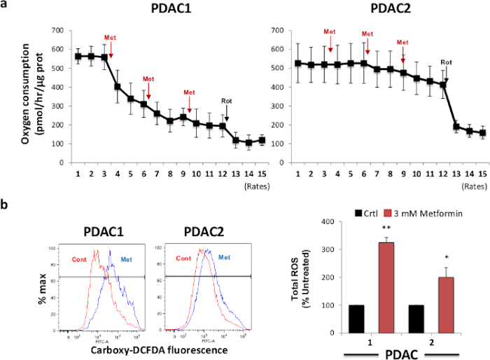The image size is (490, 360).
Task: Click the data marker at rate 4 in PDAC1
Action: tap(118, 87)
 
